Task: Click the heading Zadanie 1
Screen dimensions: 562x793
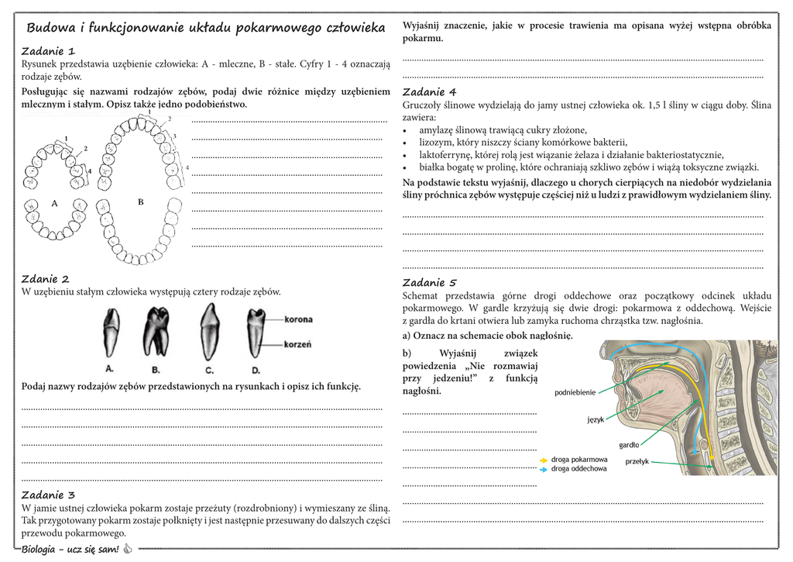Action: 48,51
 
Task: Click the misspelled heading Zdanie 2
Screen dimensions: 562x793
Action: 45,279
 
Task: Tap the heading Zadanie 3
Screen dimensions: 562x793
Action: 48,495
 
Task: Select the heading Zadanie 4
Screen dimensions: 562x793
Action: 430,91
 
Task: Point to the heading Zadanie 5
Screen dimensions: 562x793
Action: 430,282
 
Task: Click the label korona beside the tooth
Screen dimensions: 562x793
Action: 299,318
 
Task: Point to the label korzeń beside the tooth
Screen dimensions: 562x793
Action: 298,344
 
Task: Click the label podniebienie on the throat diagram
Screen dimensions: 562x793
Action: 575,392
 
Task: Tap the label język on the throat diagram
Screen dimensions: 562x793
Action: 595,419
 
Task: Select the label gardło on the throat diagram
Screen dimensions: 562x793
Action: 629,445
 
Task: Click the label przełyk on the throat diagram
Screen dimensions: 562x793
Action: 637,461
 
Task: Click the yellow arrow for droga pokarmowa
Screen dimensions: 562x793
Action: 544,460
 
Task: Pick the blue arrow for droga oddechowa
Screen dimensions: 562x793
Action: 544,469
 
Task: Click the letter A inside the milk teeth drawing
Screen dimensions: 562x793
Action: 55,203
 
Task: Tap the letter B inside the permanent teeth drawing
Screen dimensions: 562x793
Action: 141,202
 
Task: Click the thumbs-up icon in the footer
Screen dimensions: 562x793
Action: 128,550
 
